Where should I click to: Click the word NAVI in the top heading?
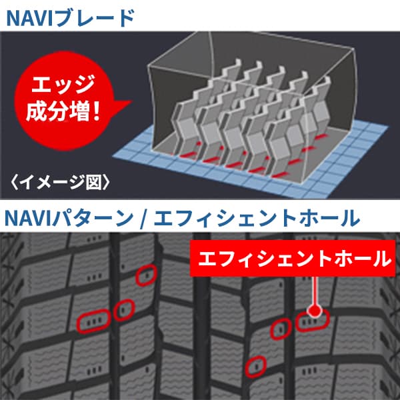(29, 18)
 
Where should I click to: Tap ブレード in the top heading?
(94, 18)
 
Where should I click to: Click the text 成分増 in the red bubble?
(57, 111)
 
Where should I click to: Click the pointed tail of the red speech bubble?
(131, 101)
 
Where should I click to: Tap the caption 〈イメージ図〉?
(60, 182)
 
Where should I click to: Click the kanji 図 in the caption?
(93, 182)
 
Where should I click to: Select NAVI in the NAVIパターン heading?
(28, 219)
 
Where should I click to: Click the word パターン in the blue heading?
(93, 219)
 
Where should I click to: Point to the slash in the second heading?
(143, 219)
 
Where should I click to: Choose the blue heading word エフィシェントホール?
(257, 219)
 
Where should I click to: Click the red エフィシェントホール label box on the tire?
(293, 258)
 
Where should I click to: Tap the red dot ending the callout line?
(315, 311)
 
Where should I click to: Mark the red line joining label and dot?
(315, 291)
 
